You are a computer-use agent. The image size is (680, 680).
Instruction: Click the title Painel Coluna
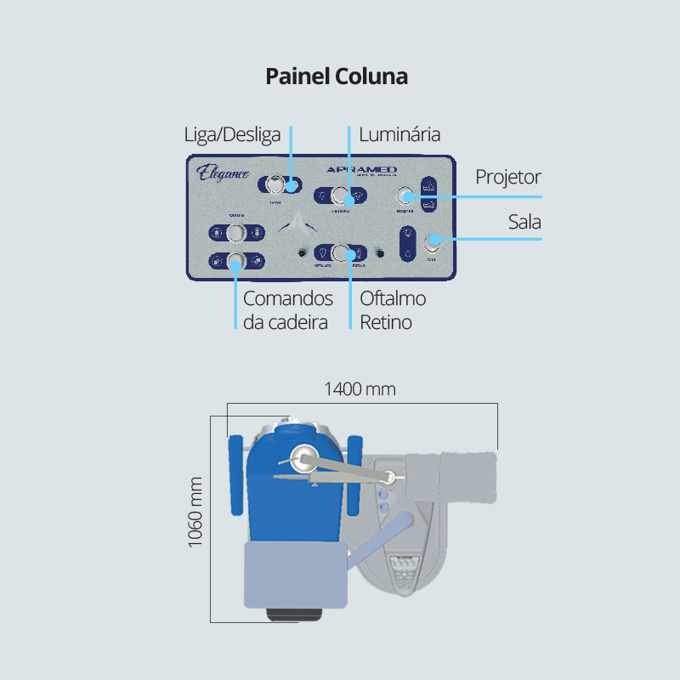(337, 76)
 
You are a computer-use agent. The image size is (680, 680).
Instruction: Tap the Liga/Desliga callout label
(232, 135)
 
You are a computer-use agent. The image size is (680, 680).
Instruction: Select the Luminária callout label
(399, 135)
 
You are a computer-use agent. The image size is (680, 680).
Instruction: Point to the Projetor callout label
(508, 177)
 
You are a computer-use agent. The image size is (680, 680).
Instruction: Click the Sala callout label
(524, 222)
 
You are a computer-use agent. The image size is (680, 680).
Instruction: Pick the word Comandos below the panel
(288, 299)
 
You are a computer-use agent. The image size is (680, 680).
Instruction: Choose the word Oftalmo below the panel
(393, 299)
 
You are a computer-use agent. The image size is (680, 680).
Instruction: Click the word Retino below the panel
(386, 323)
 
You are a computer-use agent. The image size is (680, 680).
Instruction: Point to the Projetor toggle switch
(405, 197)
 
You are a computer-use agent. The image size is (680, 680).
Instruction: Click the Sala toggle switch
(433, 241)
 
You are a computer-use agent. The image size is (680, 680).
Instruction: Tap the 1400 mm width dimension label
(360, 390)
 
